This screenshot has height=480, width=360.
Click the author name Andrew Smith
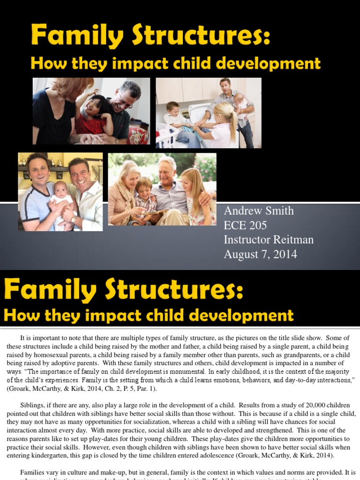click(x=259, y=211)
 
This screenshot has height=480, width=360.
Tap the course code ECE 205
click(x=245, y=225)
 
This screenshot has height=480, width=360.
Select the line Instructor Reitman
click(x=269, y=240)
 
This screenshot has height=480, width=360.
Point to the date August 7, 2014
click(x=260, y=255)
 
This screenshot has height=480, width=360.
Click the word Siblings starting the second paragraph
click(x=33, y=405)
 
